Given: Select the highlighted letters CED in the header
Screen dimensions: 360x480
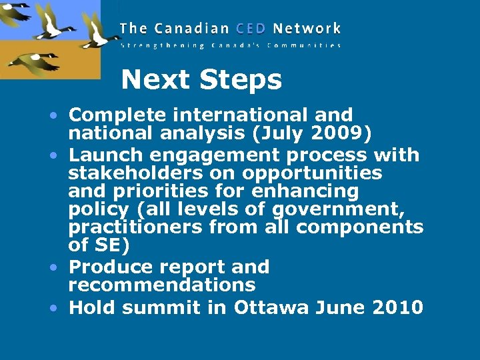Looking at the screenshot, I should point(249,29).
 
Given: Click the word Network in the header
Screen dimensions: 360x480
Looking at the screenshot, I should point(307,29).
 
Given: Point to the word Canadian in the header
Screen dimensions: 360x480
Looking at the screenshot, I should point(192,29).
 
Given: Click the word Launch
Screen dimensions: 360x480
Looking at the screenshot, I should point(107,155).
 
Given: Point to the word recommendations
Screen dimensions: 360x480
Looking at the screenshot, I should point(161,285).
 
